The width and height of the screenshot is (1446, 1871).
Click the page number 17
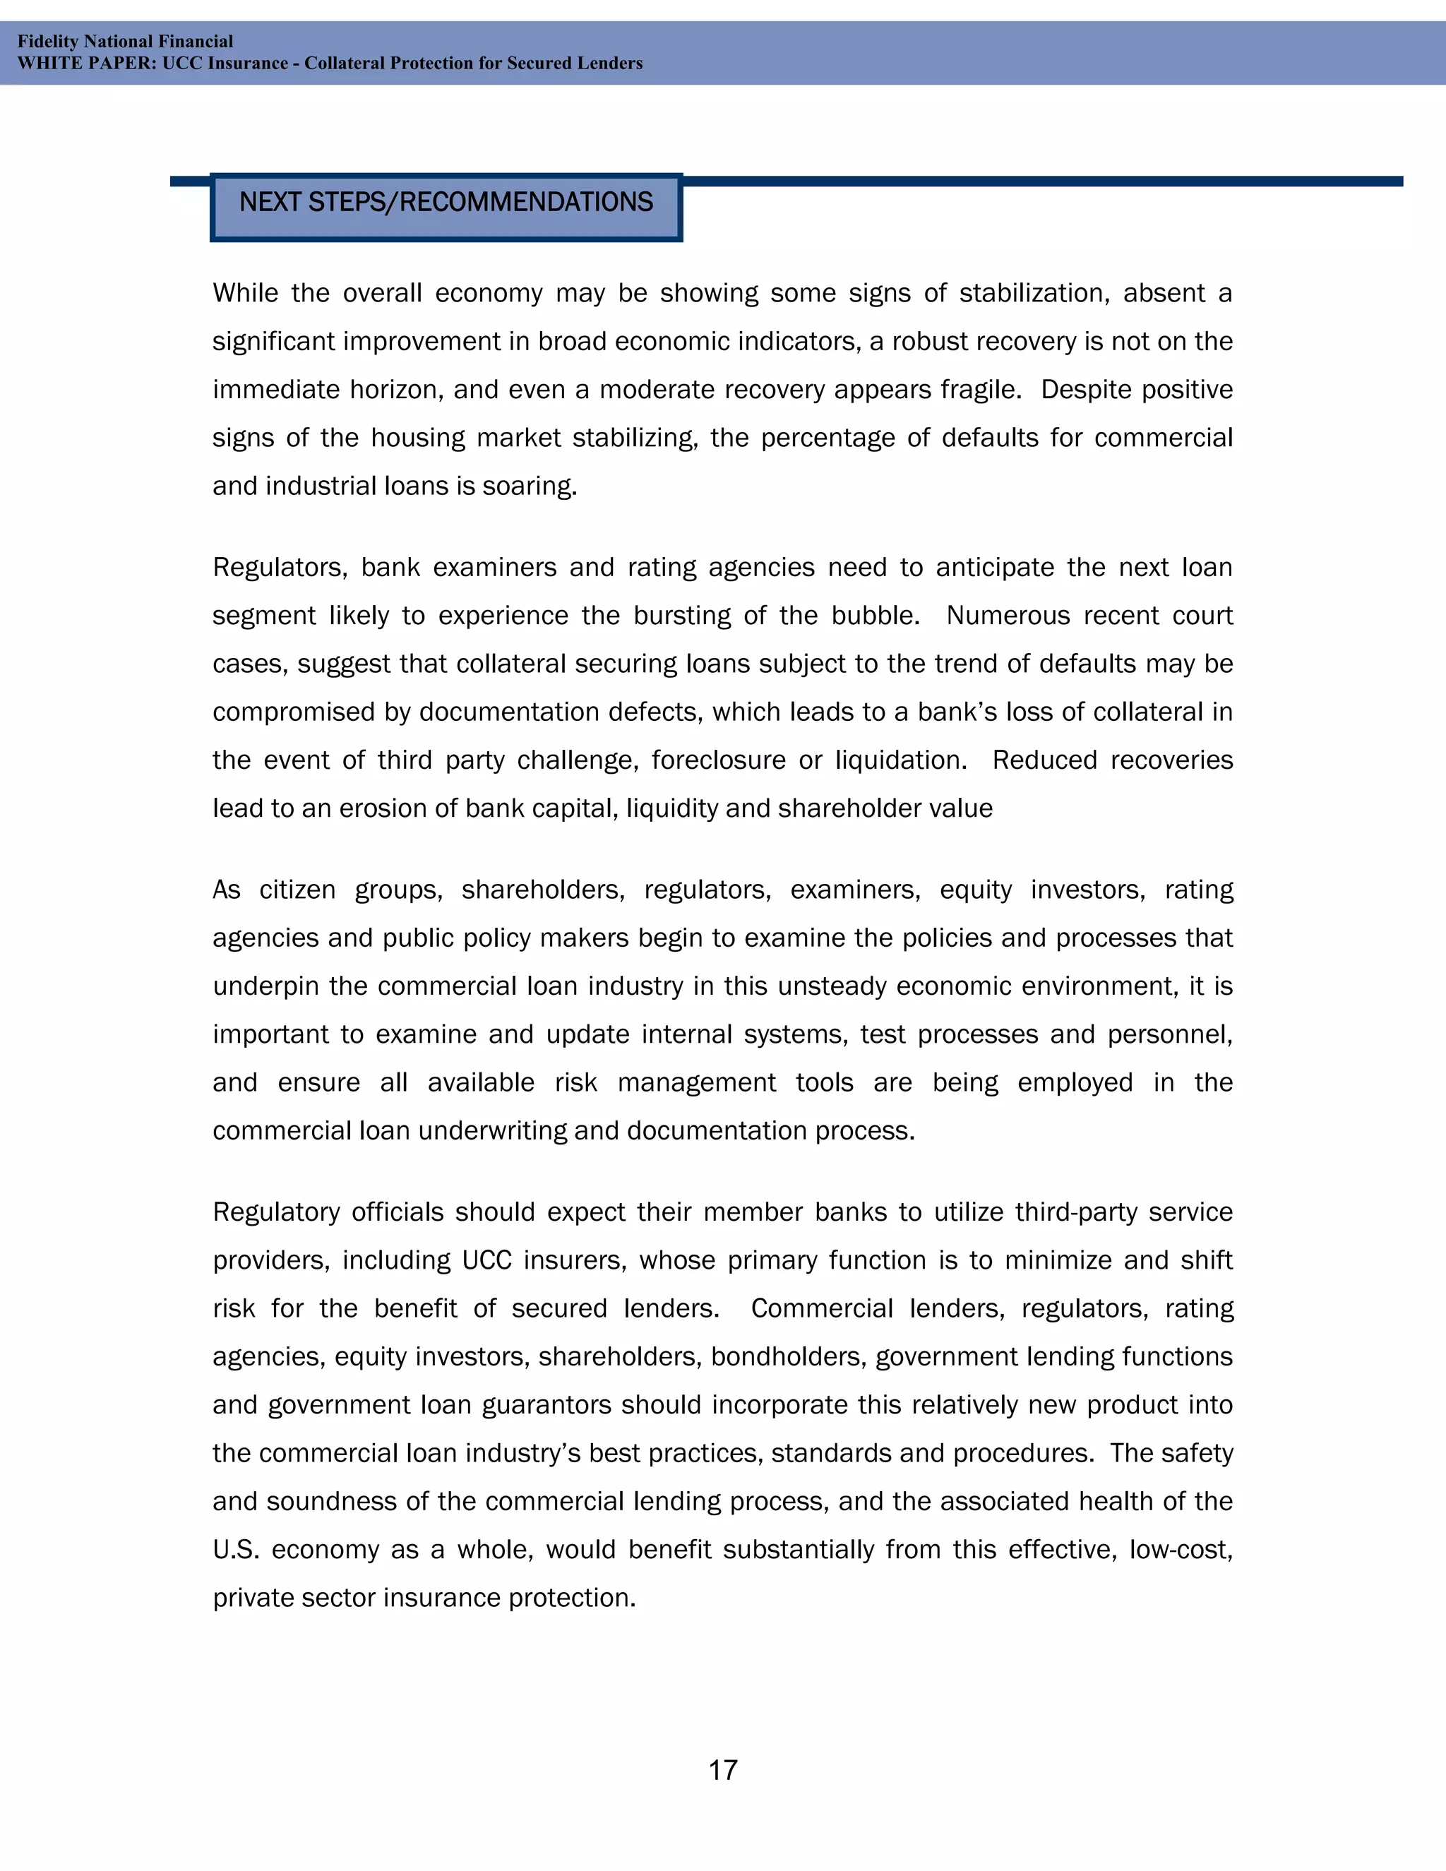(722, 1769)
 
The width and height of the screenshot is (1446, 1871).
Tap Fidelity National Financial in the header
(125, 41)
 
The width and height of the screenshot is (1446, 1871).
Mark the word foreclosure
(718, 760)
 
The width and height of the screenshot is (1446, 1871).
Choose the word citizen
(297, 890)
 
